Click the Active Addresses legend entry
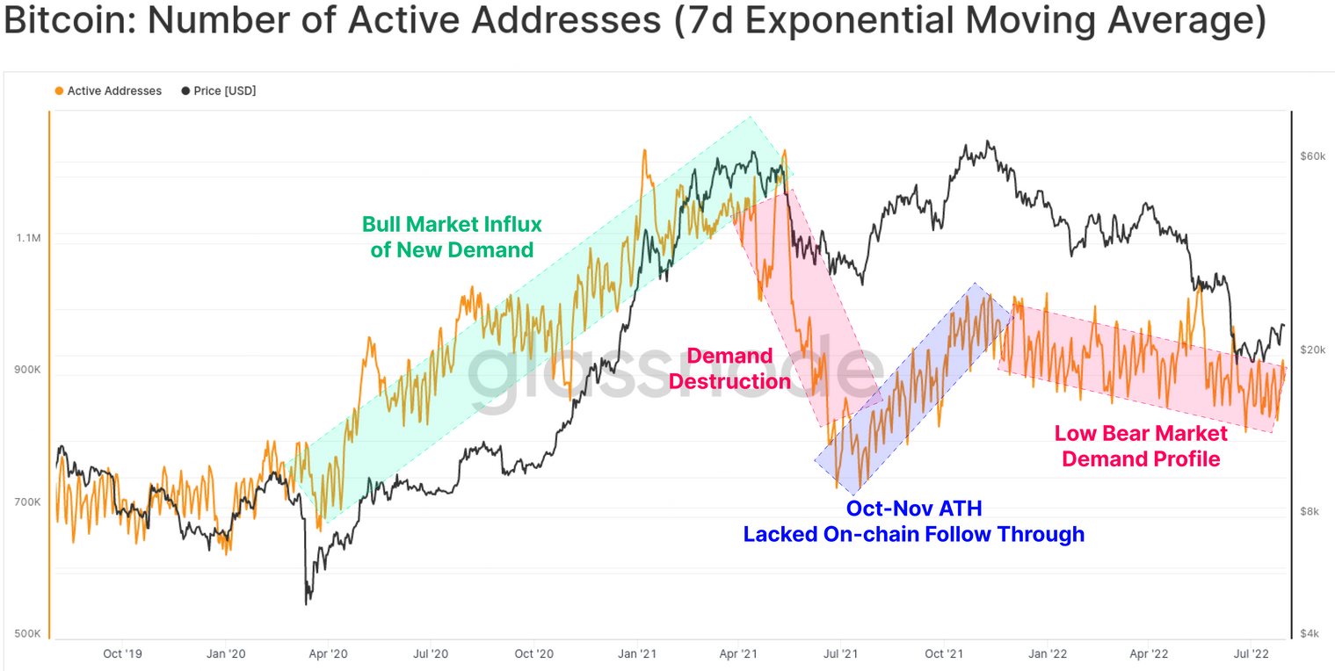point(108,91)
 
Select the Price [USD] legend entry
point(219,91)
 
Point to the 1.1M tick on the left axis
point(29,238)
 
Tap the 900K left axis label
point(27,370)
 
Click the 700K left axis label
point(27,501)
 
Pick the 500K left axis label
point(27,633)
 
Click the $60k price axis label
point(1313,156)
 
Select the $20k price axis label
point(1313,350)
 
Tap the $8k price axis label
point(1310,511)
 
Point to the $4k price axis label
point(1310,633)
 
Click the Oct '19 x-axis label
point(122,653)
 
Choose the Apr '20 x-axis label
point(328,653)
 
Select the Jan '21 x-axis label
point(636,653)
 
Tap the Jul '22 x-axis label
point(1251,653)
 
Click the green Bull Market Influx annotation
point(452,237)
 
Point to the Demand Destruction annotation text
point(729,369)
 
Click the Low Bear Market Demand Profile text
point(1141,446)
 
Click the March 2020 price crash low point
point(307,603)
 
